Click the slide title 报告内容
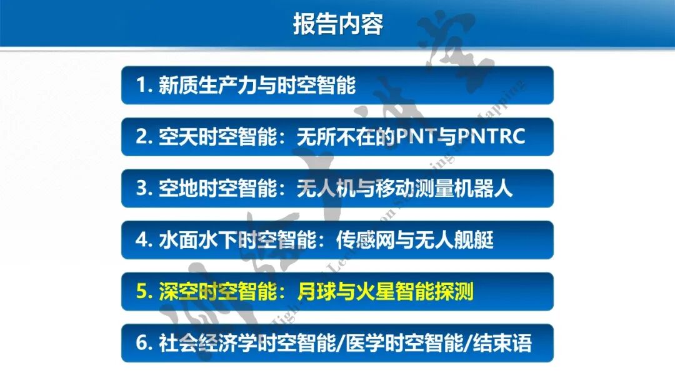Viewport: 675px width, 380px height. pos(337,24)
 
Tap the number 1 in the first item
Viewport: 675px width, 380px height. pos(141,86)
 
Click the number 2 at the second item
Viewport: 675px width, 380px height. pos(142,137)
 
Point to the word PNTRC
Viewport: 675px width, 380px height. pos(492,137)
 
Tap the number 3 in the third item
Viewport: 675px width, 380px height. pos(142,188)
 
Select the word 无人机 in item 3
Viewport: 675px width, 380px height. pos(327,188)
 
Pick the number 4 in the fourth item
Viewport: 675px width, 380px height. pos(142,240)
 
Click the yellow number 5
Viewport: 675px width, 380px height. pos(142,292)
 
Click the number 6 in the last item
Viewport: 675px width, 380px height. pos(142,343)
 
